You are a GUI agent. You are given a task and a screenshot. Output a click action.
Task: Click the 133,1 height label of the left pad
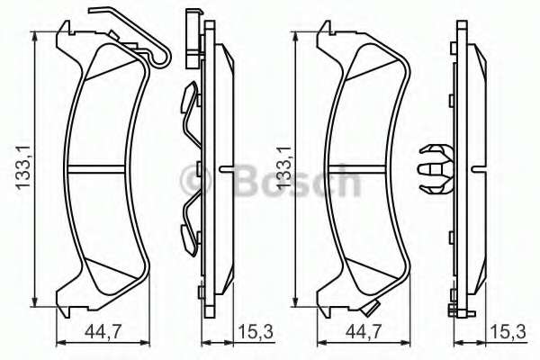24,167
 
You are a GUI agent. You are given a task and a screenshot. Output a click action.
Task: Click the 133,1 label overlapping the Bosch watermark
284,167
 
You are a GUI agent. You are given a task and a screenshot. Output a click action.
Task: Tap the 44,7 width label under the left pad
103,331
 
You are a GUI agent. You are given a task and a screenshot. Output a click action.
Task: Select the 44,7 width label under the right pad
364,331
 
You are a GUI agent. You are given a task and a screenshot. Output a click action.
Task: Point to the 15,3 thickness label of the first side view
256,331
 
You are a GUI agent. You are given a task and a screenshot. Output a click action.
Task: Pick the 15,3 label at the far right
508,331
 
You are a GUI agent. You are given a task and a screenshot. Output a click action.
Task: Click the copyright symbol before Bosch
195,179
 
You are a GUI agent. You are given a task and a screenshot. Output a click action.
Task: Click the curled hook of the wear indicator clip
161,58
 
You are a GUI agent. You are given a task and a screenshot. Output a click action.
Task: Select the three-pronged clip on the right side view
434,169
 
